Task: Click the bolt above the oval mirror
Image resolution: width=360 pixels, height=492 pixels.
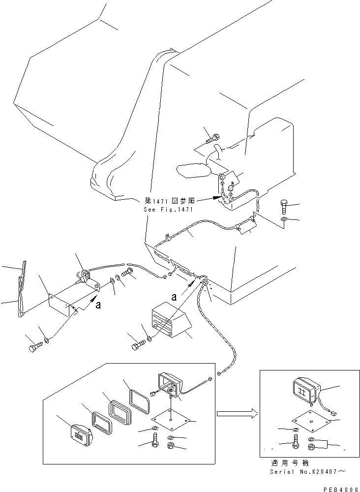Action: pyautogui.click(x=213, y=138)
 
